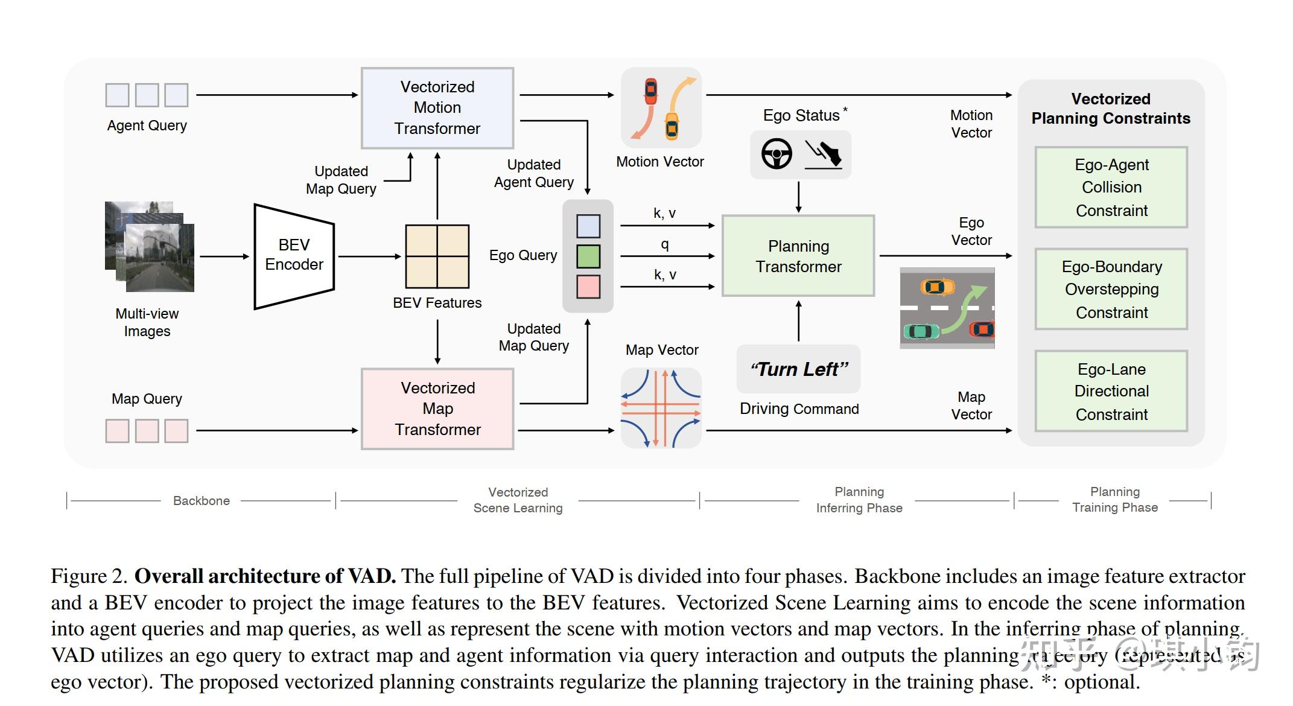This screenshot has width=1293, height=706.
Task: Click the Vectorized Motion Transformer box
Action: (437, 108)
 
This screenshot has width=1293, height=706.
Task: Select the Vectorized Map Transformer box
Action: (437, 409)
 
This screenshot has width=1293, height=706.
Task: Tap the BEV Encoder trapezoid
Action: (294, 256)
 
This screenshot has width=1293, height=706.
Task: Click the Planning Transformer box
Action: (798, 256)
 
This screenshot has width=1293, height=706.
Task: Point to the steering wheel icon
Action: (776, 154)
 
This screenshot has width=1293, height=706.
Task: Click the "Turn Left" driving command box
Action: (798, 369)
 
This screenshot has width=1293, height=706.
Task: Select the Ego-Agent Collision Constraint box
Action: (1111, 187)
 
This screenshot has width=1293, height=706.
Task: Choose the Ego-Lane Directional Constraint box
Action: (1111, 391)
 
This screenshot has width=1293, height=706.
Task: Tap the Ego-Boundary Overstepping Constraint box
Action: (1111, 289)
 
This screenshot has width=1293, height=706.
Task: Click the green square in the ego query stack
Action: (588, 256)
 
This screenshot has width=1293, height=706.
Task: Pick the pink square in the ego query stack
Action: (588, 287)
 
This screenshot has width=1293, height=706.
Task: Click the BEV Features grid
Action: (437, 256)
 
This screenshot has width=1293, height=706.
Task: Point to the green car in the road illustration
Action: (921, 331)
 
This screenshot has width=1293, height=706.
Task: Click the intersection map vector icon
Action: (661, 409)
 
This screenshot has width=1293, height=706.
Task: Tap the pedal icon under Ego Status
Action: (824, 154)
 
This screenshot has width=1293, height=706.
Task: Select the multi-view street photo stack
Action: (150, 247)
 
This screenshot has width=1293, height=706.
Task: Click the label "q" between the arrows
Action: (664, 244)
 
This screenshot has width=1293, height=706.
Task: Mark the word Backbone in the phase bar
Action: (201, 501)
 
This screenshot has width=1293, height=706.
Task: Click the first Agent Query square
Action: (117, 95)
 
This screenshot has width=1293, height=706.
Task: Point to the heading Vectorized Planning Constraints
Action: (1110, 109)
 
